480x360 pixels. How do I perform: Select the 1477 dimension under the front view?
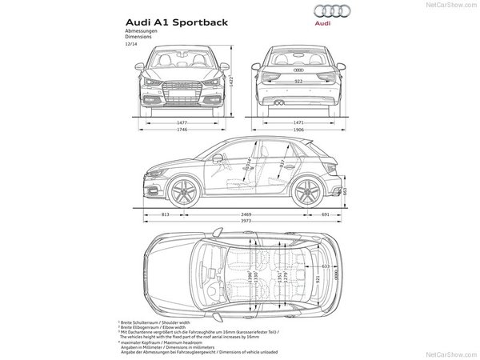coord(187,121)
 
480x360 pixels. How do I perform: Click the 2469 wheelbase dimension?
coord(246,215)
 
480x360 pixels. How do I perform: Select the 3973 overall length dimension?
coord(246,223)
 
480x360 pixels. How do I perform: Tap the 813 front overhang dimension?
coord(164,215)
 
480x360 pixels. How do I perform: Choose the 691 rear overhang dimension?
coord(326,215)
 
